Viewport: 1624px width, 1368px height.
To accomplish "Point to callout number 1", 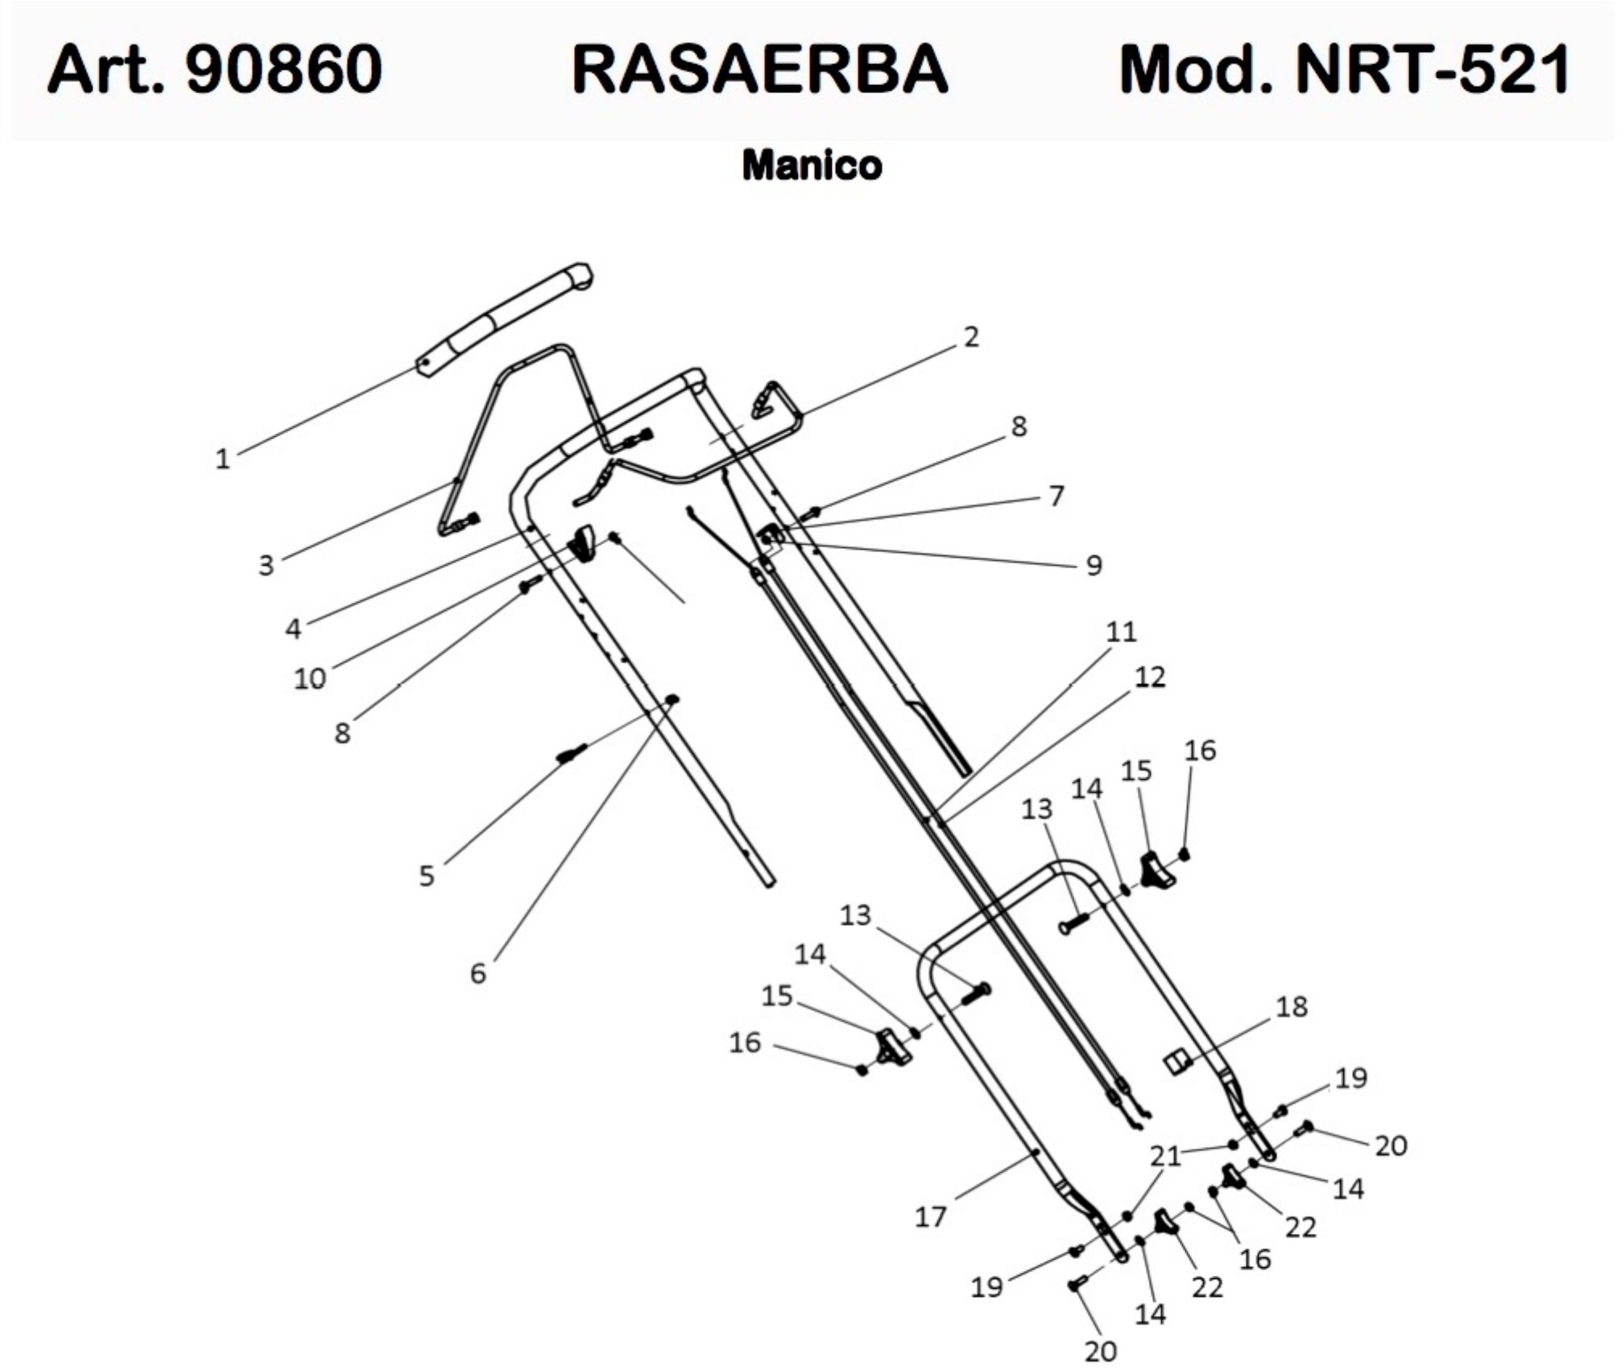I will pos(223,459).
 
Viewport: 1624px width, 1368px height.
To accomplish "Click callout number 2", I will pos(971,336).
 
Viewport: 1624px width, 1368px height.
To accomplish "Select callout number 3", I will pos(266,565).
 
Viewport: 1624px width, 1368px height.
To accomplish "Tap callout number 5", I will pos(427,876).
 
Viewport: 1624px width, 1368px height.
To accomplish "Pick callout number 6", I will pos(478,973).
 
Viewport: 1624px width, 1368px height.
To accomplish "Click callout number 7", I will pos(1056,496).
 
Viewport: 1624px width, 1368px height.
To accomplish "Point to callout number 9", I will pos(1093,565).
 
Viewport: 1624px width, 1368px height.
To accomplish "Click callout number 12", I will pos(1149,678).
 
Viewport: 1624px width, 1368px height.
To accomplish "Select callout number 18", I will pos(1291,1007).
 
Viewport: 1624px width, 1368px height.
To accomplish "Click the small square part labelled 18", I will pos(1178,1061).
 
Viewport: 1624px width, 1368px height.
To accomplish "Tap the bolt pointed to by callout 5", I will pos(572,752).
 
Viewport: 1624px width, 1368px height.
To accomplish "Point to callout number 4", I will pos(292,629).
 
